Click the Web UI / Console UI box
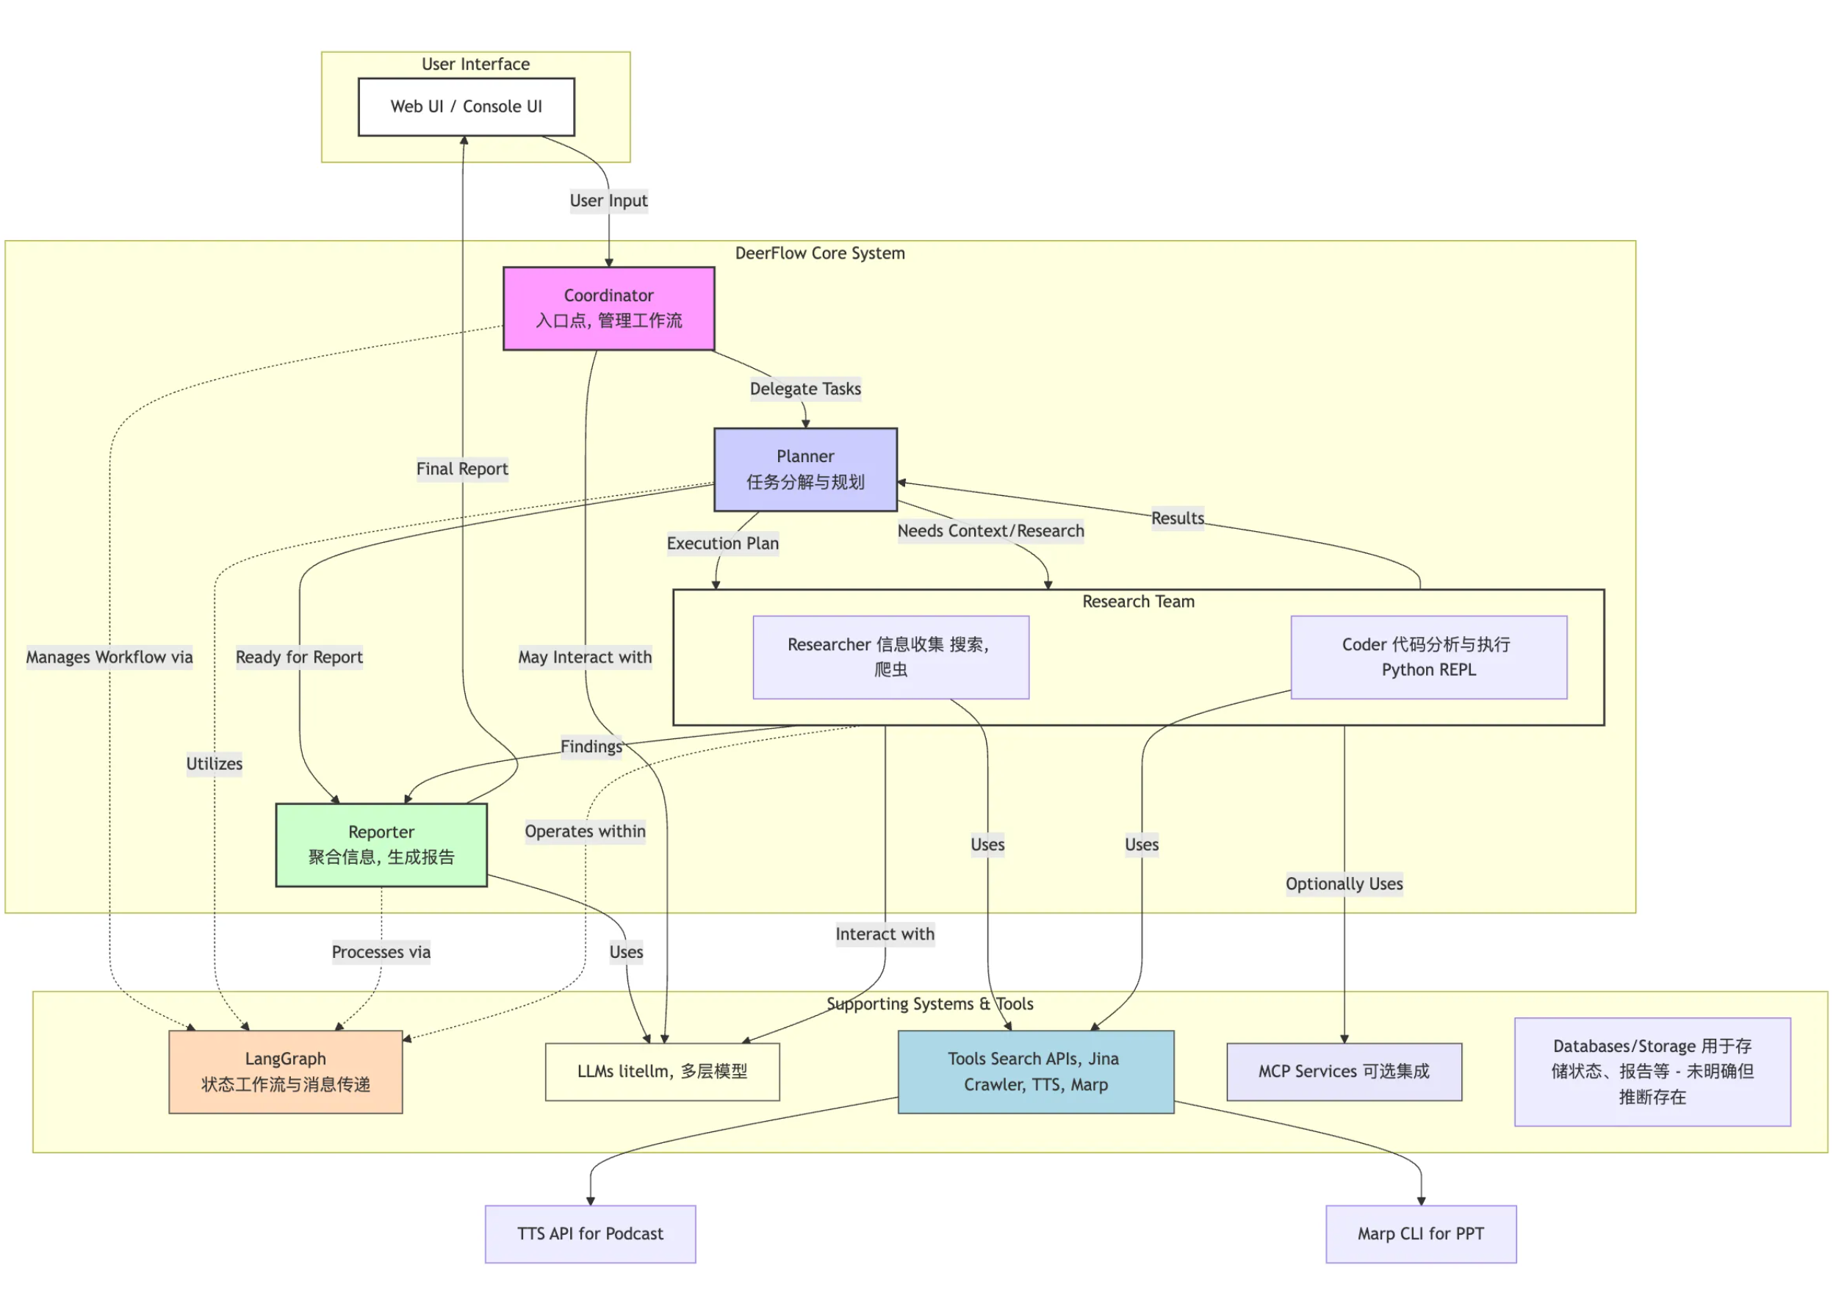(466, 107)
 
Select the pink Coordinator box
(608, 308)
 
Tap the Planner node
(805, 469)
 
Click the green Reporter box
(381, 844)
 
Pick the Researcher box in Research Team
(891, 657)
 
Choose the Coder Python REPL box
(1428, 657)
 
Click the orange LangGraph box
(285, 1071)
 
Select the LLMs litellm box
(663, 1071)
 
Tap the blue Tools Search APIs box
(1035, 1071)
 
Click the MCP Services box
(1344, 1071)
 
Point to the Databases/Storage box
(1652, 1071)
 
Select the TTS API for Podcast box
(591, 1233)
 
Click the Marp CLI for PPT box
(1421, 1233)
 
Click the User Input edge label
(608, 201)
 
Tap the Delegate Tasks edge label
(805, 389)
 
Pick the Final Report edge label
(462, 469)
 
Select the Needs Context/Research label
(991, 531)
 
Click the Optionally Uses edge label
(1344, 884)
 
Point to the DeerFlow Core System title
(820, 253)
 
